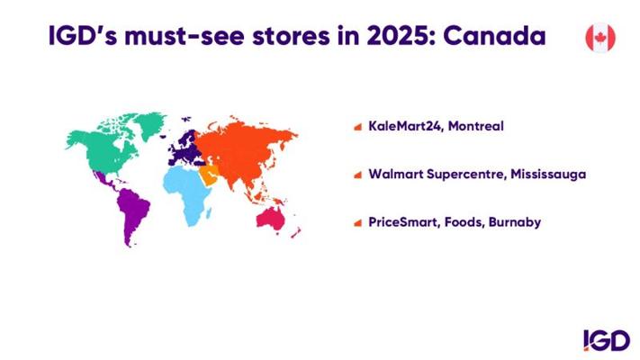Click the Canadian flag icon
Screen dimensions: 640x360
[600, 38]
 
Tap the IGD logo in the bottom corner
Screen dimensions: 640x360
[607, 340]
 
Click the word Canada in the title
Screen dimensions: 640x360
[494, 36]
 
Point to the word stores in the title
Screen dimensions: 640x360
[291, 37]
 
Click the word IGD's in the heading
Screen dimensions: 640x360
[83, 36]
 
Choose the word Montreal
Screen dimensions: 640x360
[476, 126]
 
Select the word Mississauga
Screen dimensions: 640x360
[548, 175]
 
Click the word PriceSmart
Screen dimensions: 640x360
[403, 222]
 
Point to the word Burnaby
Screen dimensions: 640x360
[515, 222]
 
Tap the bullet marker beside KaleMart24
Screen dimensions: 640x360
[358, 127]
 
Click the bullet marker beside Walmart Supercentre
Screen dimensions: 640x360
[358, 175]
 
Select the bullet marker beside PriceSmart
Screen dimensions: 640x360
[358, 223]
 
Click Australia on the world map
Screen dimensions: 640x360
[270, 219]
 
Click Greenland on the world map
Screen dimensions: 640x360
[149, 123]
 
